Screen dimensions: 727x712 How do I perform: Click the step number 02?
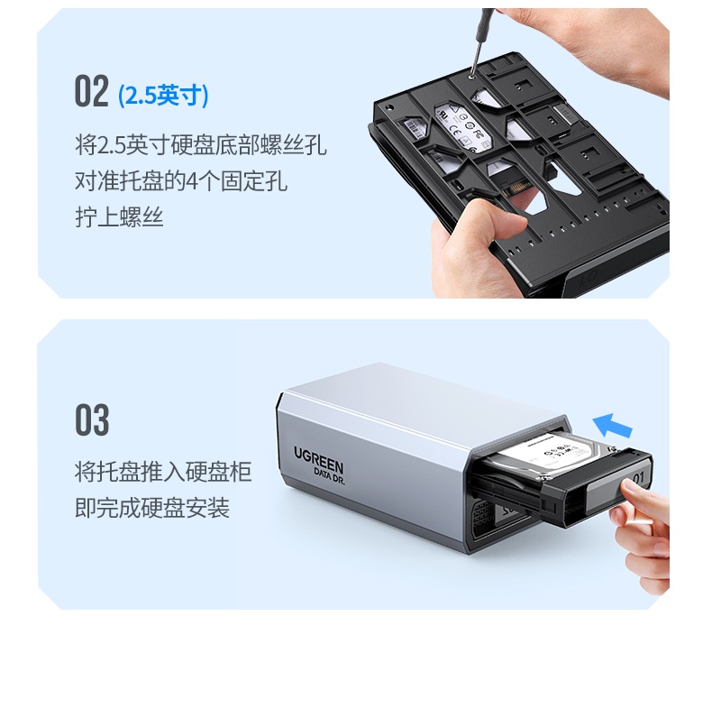click(91, 93)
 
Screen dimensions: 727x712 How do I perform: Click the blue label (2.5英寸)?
click(163, 96)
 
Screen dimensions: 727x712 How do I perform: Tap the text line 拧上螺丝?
click(119, 217)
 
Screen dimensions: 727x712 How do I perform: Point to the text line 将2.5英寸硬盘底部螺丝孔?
click(200, 144)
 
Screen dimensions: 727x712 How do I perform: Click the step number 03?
click(91, 421)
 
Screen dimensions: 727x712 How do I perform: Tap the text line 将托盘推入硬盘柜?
click(162, 471)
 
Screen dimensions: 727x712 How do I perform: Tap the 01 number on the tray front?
click(637, 477)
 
